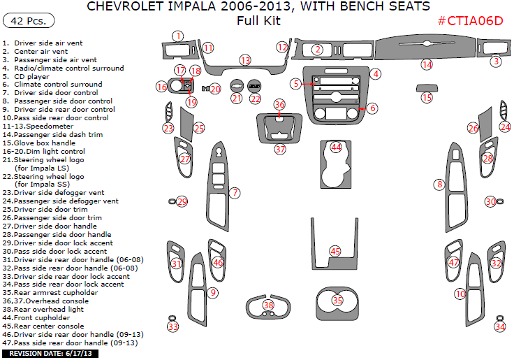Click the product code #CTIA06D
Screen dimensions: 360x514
coord(470,20)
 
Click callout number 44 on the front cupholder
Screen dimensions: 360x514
coord(337,147)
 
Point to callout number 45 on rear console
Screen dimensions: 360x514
coord(335,251)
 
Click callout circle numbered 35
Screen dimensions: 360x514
coord(337,300)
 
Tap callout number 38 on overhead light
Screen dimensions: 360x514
coord(269,305)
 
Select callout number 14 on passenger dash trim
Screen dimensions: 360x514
coord(426,64)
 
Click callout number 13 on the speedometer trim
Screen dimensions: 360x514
coord(245,61)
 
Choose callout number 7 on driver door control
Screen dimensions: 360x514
coord(235,192)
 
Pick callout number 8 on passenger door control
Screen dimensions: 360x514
coord(439,185)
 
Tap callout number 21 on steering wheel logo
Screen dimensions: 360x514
coord(237,99)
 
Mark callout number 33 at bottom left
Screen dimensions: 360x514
coord(172,326)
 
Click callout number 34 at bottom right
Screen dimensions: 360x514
coord(499,326)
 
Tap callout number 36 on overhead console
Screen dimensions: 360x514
coord(279,105)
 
